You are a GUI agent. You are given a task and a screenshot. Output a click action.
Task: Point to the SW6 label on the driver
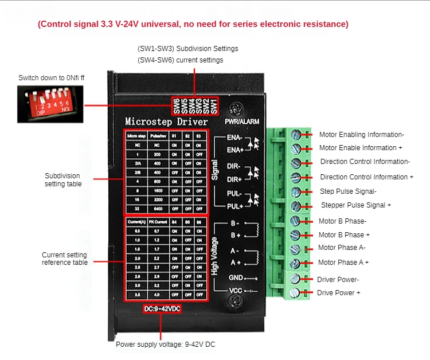click(177, 106)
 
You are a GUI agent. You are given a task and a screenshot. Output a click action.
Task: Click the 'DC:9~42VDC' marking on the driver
click(163, 310)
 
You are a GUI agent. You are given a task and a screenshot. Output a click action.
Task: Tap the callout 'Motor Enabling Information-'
click(362, 135)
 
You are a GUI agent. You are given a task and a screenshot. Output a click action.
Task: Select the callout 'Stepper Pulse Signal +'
click(356, 205)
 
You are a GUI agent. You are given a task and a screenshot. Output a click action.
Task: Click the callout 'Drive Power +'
click(339, 293)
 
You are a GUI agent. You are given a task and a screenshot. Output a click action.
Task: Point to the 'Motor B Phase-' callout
click(342, 221)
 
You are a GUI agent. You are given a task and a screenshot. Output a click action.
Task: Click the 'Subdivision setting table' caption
click(63, 179)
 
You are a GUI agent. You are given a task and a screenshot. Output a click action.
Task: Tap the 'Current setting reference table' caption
click(65, 259)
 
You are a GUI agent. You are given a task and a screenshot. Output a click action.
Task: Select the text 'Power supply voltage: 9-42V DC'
click(166, 345)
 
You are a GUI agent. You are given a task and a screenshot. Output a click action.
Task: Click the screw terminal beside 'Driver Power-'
click(296, 279)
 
